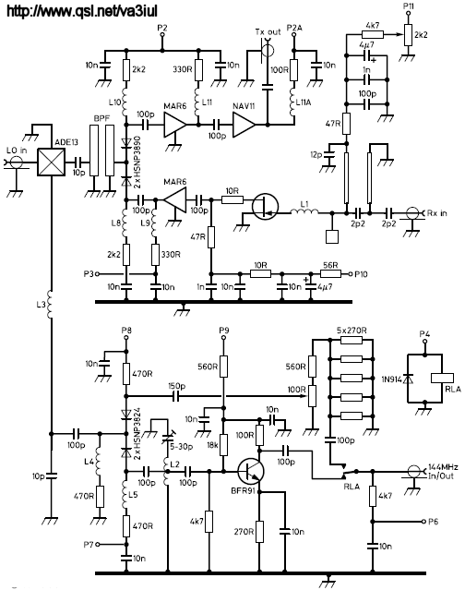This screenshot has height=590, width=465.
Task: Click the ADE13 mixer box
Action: [x=51, y=162]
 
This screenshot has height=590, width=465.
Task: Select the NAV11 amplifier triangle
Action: [x=244, y=125]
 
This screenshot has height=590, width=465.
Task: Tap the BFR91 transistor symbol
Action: [x=251, y=471]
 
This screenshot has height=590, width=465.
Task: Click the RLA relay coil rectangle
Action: [x=443, y=378]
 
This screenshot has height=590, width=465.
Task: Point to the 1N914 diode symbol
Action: [x=408, y=379]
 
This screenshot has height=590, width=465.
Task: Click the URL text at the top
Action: [x=82, y=11]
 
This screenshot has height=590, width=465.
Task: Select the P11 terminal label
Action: [x=408, y=6]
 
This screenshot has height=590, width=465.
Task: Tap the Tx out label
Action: [x=268, y=31]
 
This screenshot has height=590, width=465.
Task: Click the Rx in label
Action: [x=437, y=213]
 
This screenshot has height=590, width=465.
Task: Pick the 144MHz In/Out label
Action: [x=443, y=471]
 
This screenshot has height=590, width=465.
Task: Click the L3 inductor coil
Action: [x=50, y=305]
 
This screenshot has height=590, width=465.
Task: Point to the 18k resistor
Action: [x=223, y=445]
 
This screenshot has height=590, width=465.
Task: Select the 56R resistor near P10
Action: [x=330, y=273]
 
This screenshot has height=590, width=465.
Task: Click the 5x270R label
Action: [x=352, y=331]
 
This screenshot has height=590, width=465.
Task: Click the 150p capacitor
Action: [x=175, y=396]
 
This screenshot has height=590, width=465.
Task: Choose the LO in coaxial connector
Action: [x=16, y=163]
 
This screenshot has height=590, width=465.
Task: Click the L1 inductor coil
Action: [x=304, y=211]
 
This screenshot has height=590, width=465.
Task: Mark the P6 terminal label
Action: [x=433, y=522]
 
